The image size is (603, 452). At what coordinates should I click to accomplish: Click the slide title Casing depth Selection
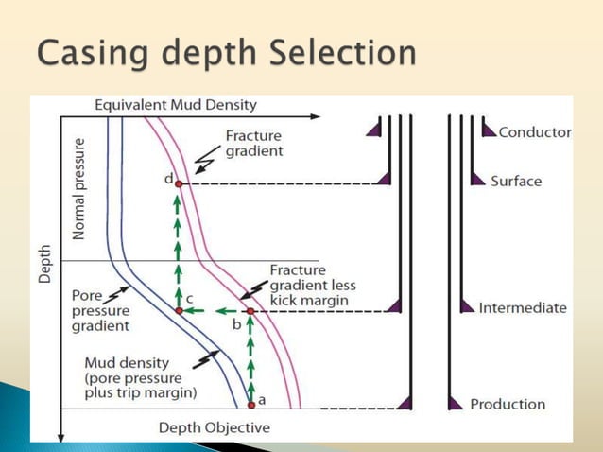coord(227,53)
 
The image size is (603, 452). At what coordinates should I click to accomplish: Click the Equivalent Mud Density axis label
coord(176,105)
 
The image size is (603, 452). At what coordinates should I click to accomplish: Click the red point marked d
coord(178,183)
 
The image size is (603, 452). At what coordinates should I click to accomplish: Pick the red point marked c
coord(179,310)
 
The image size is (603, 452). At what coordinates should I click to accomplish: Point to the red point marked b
coord(250,310)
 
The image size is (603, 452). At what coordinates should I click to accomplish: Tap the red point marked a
coord(251,405)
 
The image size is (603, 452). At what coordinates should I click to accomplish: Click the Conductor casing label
coord(534,132)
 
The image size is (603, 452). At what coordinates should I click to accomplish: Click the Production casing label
coord(508,404)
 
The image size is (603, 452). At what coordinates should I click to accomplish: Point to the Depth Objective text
coord(214,427)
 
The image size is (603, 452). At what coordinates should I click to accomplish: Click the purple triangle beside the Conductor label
coord(489,130)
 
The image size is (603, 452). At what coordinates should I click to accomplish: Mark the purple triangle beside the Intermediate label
coord(466,306)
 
